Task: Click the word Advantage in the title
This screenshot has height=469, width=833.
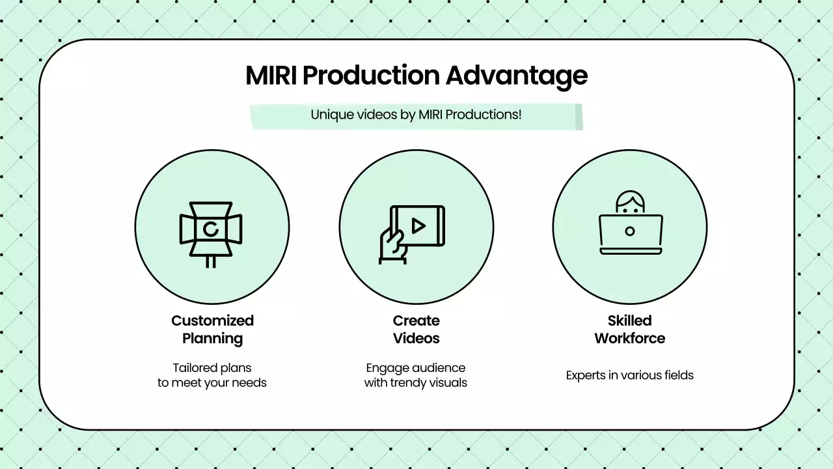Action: [x=516, y=76]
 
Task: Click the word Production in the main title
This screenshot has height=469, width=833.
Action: [x=372, y=76]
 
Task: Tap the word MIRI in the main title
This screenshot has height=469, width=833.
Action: [x=271, y=76]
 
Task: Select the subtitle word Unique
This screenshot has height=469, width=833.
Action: [x=329, y=115]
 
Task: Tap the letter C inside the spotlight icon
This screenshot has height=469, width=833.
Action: [x=210, y=229]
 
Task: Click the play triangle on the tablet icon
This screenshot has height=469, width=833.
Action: [x=418, y=226]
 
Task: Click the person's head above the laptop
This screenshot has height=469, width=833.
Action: [x=629, y=203]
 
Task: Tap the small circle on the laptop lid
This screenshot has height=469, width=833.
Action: [x=629, y=231]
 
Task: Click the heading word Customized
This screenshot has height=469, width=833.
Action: [x=212, y=320]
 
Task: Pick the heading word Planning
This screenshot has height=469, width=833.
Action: [x=212, y=338]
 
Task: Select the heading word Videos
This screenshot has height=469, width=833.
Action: [x=416, y=338]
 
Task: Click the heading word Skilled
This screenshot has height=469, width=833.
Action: [x=629, y=320]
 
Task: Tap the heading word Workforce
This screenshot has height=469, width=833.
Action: [x=629, y=338]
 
